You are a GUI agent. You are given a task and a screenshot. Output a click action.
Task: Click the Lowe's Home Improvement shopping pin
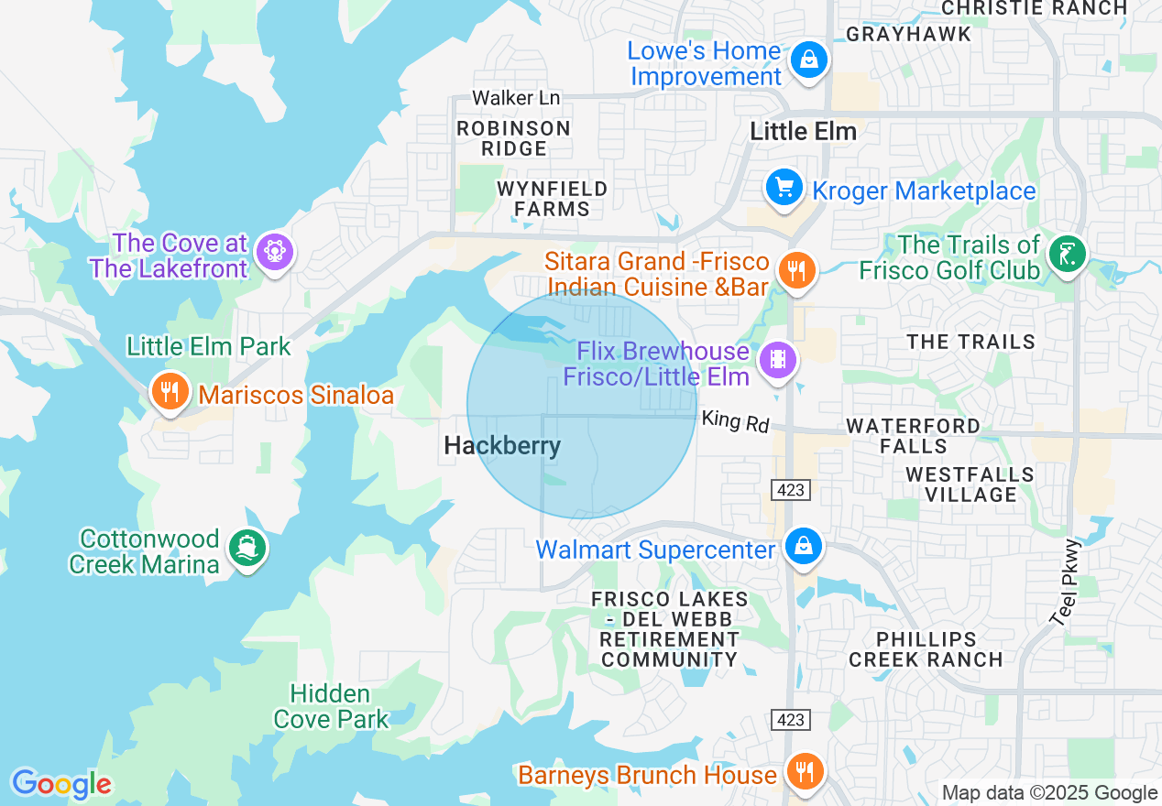[809, 61]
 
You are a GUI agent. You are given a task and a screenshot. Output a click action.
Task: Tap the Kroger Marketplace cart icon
[784, 189]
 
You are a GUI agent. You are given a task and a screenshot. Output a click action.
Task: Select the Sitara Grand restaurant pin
[796, 270]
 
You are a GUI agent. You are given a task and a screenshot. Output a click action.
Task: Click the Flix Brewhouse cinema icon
[778, 358]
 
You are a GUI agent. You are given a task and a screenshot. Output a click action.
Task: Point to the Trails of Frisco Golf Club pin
[1068, 254]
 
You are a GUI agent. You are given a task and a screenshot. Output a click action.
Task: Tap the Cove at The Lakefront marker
[273, 249]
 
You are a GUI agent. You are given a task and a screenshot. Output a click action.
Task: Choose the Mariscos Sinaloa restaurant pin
[170, 391]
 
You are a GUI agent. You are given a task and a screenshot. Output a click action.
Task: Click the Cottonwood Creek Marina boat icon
[247, 548]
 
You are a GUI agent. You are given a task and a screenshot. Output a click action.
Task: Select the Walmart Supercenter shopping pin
[804, 547]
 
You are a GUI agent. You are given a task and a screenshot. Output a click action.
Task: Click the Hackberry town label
[501, 446]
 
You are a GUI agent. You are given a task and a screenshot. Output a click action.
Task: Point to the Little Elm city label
[803, 132]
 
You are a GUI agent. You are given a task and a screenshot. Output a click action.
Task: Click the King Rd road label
[735, 421]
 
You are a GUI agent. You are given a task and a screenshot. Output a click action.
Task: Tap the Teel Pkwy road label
[1068, 582]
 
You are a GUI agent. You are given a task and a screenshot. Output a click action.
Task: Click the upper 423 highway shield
[790, 490]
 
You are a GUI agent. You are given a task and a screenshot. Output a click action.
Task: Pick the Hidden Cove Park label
[331, 706]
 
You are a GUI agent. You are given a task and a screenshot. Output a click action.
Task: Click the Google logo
[60, 784]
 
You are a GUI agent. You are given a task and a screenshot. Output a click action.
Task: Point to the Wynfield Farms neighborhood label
[552, 199]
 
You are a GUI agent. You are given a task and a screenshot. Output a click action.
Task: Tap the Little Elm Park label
[208, 347]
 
